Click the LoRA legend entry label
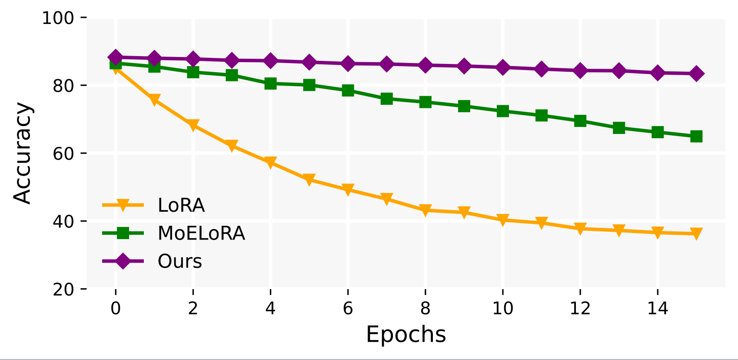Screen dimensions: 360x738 (181, 205)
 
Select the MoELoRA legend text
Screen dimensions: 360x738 (201, 233)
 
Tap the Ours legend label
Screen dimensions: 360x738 (180, 261)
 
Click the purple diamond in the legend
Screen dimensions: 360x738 (123, 261)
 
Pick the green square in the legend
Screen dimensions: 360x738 (123, 233)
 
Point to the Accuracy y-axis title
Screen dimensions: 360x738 (23, 153)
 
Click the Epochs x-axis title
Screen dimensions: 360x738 (406, 335)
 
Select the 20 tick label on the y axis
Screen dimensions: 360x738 (64, 290)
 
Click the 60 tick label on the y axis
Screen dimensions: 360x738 (64, 154)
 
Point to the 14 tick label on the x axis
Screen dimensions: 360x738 (657, 308)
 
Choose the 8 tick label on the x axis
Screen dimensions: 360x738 (425, 308)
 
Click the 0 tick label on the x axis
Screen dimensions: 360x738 (116, 308)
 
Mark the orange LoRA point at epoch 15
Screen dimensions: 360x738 (696, 234)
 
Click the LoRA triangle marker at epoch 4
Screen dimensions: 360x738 (270, 163)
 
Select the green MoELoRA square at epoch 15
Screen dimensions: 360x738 (696, 137)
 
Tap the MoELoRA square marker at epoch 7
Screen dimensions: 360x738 (386, 99)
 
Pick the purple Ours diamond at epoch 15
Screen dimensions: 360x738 (696, 73)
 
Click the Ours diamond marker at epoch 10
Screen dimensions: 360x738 (502, 67)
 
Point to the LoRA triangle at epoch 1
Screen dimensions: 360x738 (154, 100)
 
